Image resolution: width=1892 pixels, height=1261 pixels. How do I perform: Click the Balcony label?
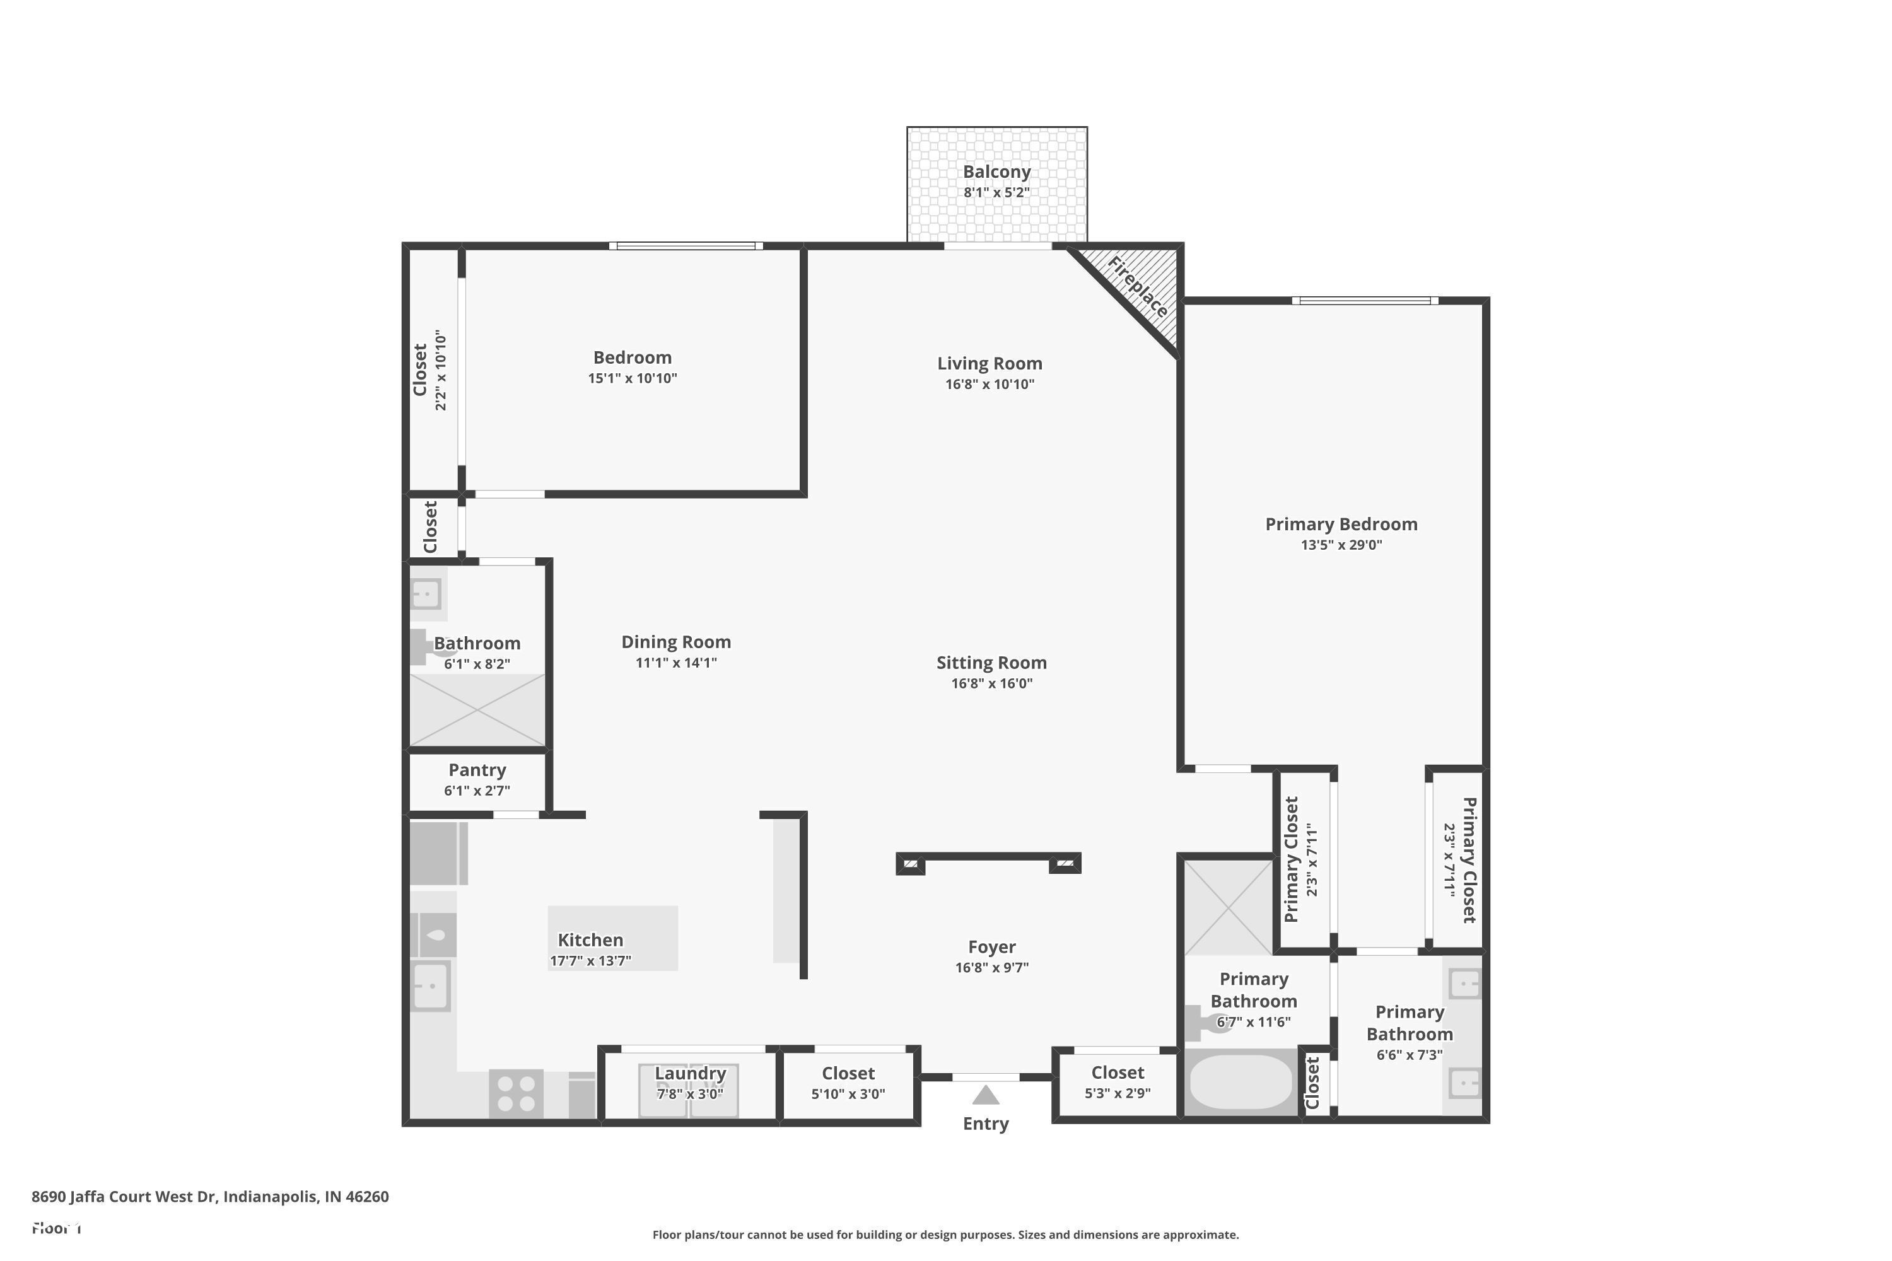996,172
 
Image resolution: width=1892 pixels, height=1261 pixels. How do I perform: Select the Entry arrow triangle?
985,1095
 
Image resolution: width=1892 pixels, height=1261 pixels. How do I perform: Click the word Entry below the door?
985,1124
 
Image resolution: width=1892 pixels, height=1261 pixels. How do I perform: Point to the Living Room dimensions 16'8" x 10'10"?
990,385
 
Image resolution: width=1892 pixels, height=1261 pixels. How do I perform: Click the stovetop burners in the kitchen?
516,1094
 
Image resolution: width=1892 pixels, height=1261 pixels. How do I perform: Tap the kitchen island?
612,938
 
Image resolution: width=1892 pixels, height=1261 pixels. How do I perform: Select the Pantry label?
477,770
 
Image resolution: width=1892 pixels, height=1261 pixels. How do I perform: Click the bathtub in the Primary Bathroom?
1240,1082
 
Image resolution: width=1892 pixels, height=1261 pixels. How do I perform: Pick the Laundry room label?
690,1074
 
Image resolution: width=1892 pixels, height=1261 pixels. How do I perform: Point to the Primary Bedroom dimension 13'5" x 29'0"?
1341,545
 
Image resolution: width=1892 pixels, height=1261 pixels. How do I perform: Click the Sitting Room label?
991,663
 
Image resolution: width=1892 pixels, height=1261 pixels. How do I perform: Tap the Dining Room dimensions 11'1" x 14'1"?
675,663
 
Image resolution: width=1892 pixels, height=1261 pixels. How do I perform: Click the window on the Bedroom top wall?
686,246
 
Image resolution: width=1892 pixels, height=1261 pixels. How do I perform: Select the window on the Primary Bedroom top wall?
1365,301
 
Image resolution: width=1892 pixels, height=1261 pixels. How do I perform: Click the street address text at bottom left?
210,1197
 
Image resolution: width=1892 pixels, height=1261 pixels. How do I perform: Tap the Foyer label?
991,946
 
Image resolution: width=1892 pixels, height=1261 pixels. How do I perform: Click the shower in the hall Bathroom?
477,710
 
